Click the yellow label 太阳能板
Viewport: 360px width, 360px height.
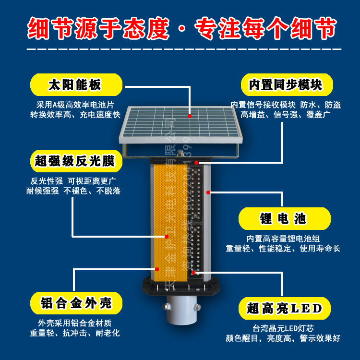click(x=75, y=84)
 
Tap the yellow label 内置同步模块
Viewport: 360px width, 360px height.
click(x=286, y=84)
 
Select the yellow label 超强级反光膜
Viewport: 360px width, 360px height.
click(x=75, y=161)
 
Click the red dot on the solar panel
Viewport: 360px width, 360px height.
click(x=190, y=116)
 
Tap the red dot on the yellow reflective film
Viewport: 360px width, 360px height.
click(x=167, y=237)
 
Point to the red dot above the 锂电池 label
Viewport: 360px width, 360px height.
click(x=208, y=192)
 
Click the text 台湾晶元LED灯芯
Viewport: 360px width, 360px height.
click(x=283, y=329)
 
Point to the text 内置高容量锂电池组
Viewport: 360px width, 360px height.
click(x=283, y=239)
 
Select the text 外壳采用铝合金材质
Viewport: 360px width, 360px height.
click(x=74, y=323)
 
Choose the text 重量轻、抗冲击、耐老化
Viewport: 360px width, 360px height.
click(x=75, y=333)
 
